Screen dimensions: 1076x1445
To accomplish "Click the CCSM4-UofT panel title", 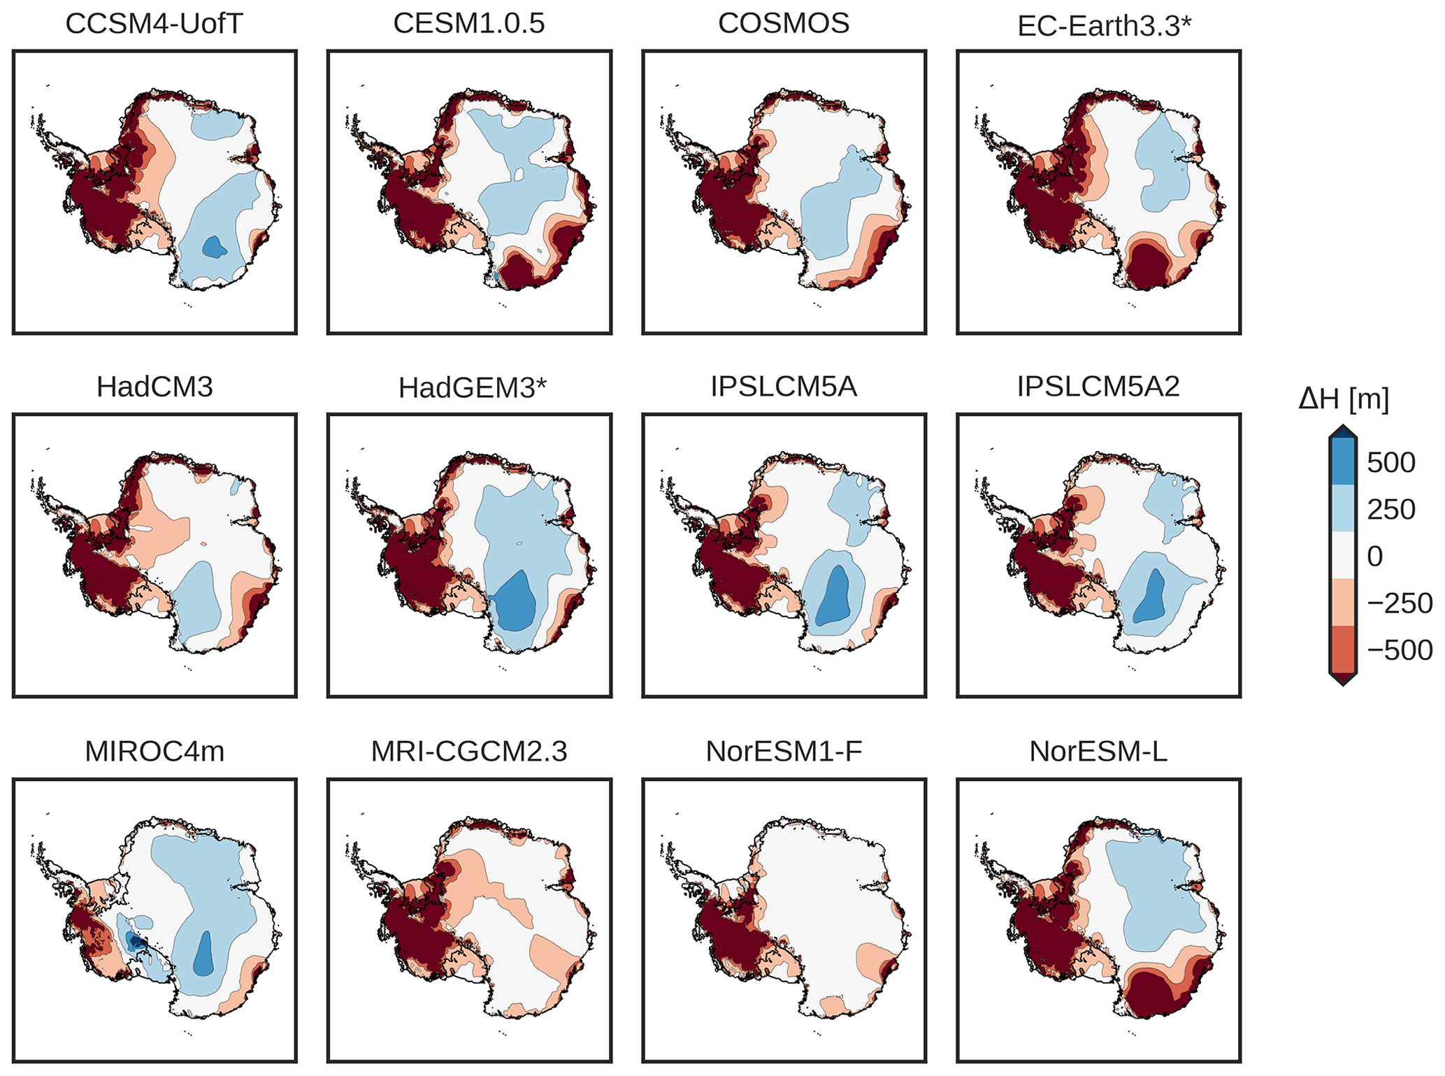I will point(154,24).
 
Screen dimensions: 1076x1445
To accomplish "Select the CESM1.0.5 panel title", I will point(468,24).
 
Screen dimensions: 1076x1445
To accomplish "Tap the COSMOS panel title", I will point(784,24).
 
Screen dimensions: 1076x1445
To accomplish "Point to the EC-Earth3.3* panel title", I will point(1104,27).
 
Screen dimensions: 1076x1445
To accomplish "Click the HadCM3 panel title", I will point(154,387).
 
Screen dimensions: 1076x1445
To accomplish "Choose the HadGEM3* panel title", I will point(472,388).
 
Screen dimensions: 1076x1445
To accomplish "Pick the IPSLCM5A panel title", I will point(784,387).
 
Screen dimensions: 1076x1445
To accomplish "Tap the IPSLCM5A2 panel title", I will point(1098,387).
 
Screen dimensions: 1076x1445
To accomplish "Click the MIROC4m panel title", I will point(154,752).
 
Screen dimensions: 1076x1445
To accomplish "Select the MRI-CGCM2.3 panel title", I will point(468,752).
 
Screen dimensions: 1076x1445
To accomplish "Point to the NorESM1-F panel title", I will point(784,752).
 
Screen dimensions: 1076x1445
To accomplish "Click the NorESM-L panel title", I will point(1098,752).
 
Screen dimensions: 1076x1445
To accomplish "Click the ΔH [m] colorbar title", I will point(1343,399).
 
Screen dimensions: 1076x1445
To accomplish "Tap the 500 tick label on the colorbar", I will point(1390,463).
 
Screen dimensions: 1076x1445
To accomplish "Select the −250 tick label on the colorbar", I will point(1399,603).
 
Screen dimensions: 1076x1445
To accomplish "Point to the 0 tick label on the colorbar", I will point(1374,557).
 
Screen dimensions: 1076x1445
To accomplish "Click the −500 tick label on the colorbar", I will point(1399,650).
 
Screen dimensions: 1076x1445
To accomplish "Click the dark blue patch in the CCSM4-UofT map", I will point(214,247).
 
